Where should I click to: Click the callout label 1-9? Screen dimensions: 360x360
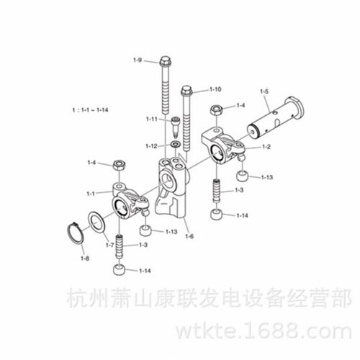(x=138, y=60)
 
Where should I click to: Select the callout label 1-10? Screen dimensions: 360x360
(x=215, y=89)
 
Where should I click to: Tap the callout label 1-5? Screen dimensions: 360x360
(x=264, y=91)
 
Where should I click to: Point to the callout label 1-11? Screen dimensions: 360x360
(x=152, y=119)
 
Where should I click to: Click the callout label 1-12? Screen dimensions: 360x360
(x=151, y=146)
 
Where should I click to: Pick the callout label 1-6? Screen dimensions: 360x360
(x=189, y=236)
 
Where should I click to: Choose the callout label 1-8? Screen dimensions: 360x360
(x=85, y=258)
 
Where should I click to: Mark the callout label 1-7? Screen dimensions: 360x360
(x=109, y=245)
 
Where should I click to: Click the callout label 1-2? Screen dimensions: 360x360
(x=266, y=146)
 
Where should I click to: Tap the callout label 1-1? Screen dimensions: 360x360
(x=91, y=194)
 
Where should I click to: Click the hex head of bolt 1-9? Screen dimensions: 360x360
(x=165, y=61)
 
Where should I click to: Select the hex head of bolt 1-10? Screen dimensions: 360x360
(x=186, y=91)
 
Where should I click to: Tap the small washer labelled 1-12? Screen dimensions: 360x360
(x=175, y=145)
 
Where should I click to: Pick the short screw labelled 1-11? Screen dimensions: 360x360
(x=176, y=126)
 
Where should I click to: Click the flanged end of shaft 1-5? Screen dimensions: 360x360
(x=295, y=109)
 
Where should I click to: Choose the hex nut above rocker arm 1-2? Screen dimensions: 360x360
(x=217, y=110)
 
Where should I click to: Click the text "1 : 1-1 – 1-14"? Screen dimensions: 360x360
(x=90, y=110)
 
